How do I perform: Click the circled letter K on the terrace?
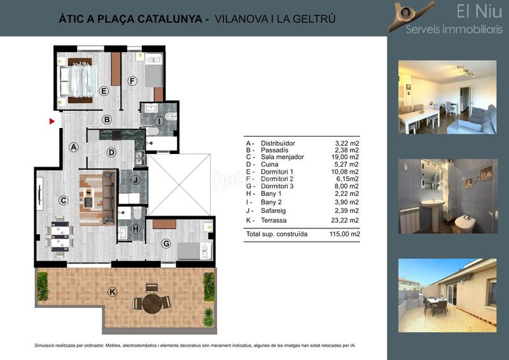113,292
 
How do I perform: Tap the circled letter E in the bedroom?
104,91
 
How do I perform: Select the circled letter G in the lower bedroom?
166,244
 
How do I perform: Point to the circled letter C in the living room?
63,200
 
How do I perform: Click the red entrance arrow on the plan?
52,120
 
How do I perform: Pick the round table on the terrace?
152,303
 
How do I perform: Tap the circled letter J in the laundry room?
135,181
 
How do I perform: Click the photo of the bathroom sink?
447,197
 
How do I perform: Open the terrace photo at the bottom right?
447,295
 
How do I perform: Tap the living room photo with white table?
447,97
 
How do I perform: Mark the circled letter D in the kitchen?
111,153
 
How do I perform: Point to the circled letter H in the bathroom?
135,229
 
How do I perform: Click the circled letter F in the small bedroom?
132,81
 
